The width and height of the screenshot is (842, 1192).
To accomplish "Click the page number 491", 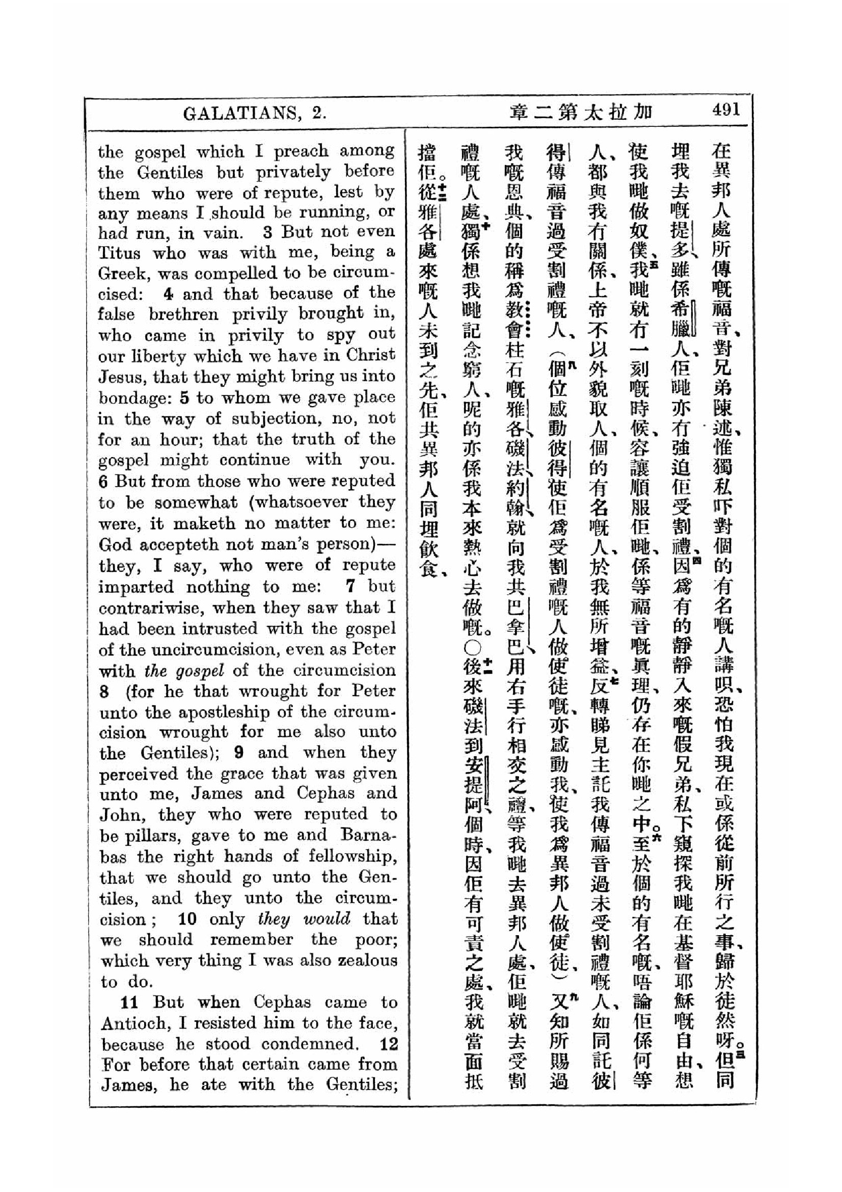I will click(x=726, y=110).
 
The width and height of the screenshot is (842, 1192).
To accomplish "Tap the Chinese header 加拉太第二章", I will click(x=581, y=112).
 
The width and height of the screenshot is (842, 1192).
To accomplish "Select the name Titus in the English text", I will click(x=119, y=253).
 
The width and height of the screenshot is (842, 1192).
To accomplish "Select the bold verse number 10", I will click(x=187, y=919).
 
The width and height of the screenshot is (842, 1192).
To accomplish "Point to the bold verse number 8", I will click(x=104, y=692).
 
